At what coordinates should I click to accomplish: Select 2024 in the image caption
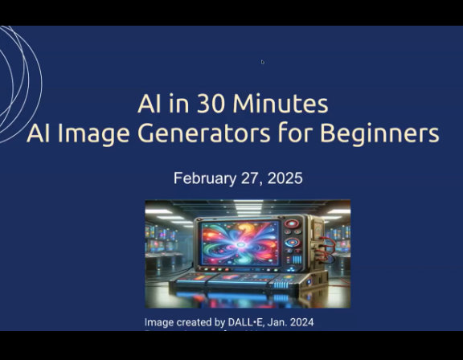click(301, 323)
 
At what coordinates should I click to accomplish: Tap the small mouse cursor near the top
click(262, 62)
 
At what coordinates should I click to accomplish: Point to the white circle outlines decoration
click(20, 80)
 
